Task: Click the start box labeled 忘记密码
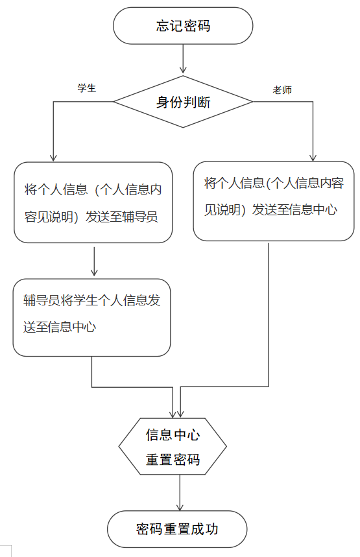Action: pos(183,26)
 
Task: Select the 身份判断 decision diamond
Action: pos(183,102)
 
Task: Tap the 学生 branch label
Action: pos(87,88)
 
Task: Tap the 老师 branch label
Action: pos(282,90)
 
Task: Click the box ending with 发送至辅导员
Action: pos(93,202)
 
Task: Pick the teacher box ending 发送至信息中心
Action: pos(274,201)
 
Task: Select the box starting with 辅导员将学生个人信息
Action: pos(91,318)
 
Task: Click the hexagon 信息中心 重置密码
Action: pos(173,447)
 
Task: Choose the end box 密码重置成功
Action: pos(177,529)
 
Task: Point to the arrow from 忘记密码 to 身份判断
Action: pos(183,58)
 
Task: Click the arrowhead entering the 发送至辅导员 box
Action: pos(53,158)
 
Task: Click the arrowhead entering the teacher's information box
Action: pos(313,158)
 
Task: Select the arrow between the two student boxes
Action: pos(94,261)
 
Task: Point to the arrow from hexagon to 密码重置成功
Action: pos(180,493)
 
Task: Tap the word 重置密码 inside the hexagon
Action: pos(173,460)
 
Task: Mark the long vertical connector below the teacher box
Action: pos(269,314)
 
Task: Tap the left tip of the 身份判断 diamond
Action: pos(114,102)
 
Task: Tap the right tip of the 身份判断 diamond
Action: pos(253,102)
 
